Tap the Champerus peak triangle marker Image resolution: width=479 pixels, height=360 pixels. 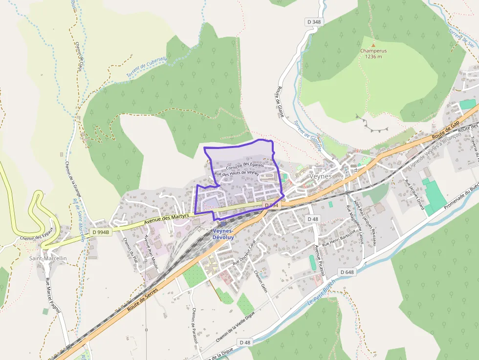pyautogui.click(x=373, y=44)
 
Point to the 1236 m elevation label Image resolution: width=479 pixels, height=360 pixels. pyautogui.click(x=373, y=56)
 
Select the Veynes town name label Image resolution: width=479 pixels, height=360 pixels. pyautogui.click(x=321, y=176)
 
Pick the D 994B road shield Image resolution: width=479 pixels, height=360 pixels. pyautogui.click(x=101, y=232)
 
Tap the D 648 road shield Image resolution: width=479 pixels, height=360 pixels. pyautogui.click(x=346, y=272)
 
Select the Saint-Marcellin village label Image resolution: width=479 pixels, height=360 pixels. pyautogui.click(x=48, y=258)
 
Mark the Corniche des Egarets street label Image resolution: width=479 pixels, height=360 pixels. pyautogui.click(x=245, y=167)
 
